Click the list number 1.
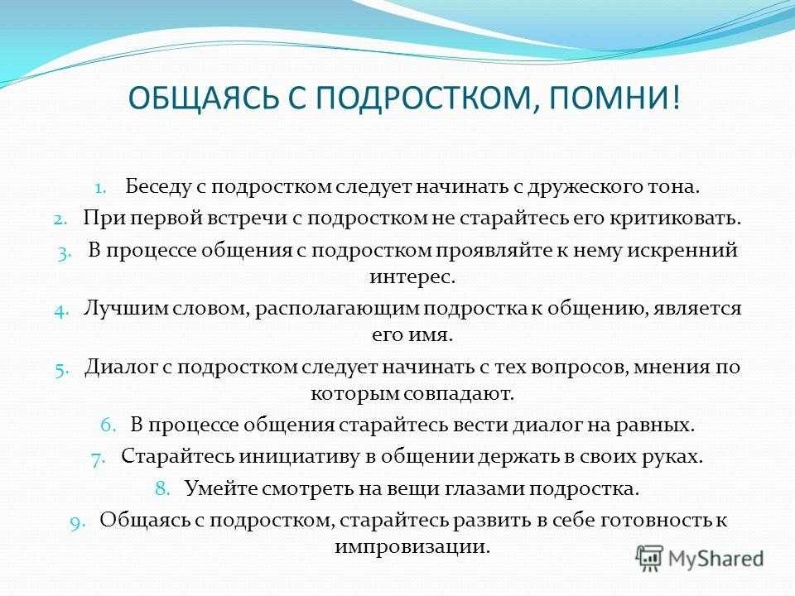coord(100,188)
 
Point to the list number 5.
coord(60,369)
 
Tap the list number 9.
coord(77,522)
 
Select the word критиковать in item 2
coord(676,219)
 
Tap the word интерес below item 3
coord(412,277)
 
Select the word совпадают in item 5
coord(463,394)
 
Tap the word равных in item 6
coord(656,425)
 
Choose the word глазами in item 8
coord(485,489)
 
